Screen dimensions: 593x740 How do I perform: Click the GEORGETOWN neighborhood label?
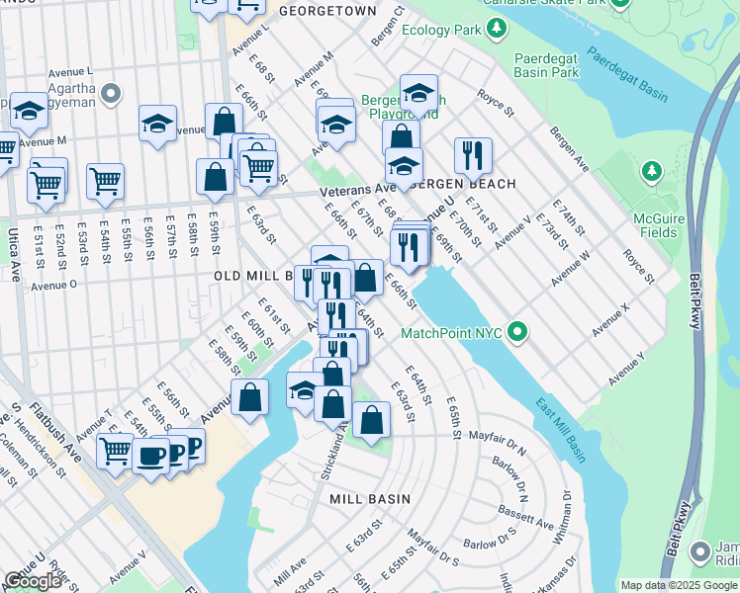coord(327,11)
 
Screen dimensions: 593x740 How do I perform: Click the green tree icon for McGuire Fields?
coord(651,172)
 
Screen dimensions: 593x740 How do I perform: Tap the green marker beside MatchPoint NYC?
coord(517,333)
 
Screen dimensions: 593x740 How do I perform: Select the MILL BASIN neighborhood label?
coord(369,499)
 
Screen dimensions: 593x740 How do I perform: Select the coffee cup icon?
coord(151,456)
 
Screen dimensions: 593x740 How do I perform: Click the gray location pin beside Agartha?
coord(110,95)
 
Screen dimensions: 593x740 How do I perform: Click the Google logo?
coord(33,581)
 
